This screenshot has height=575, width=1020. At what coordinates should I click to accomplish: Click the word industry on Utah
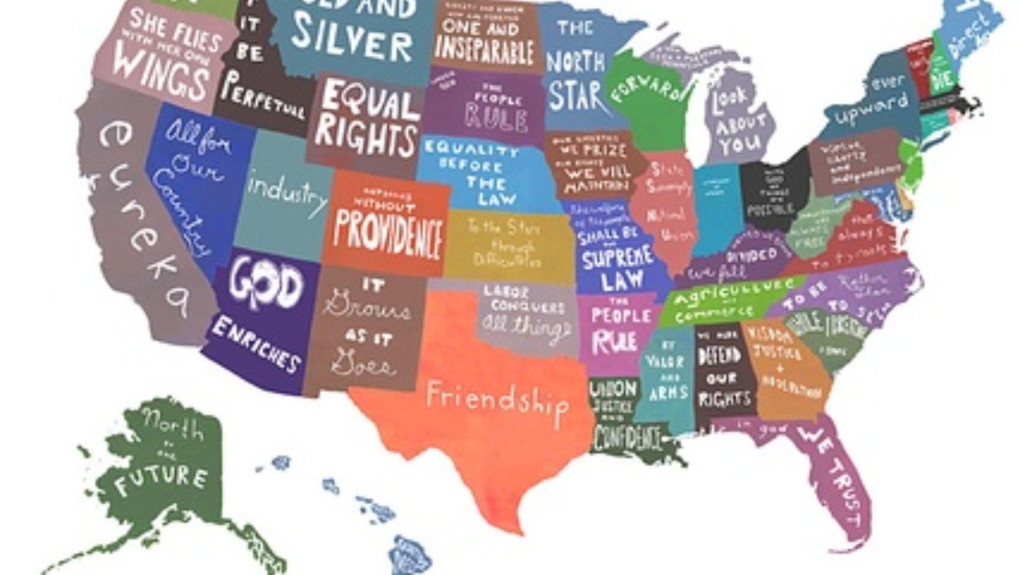click(287, 193)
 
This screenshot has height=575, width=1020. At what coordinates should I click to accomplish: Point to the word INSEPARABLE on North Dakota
click(484, 51)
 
